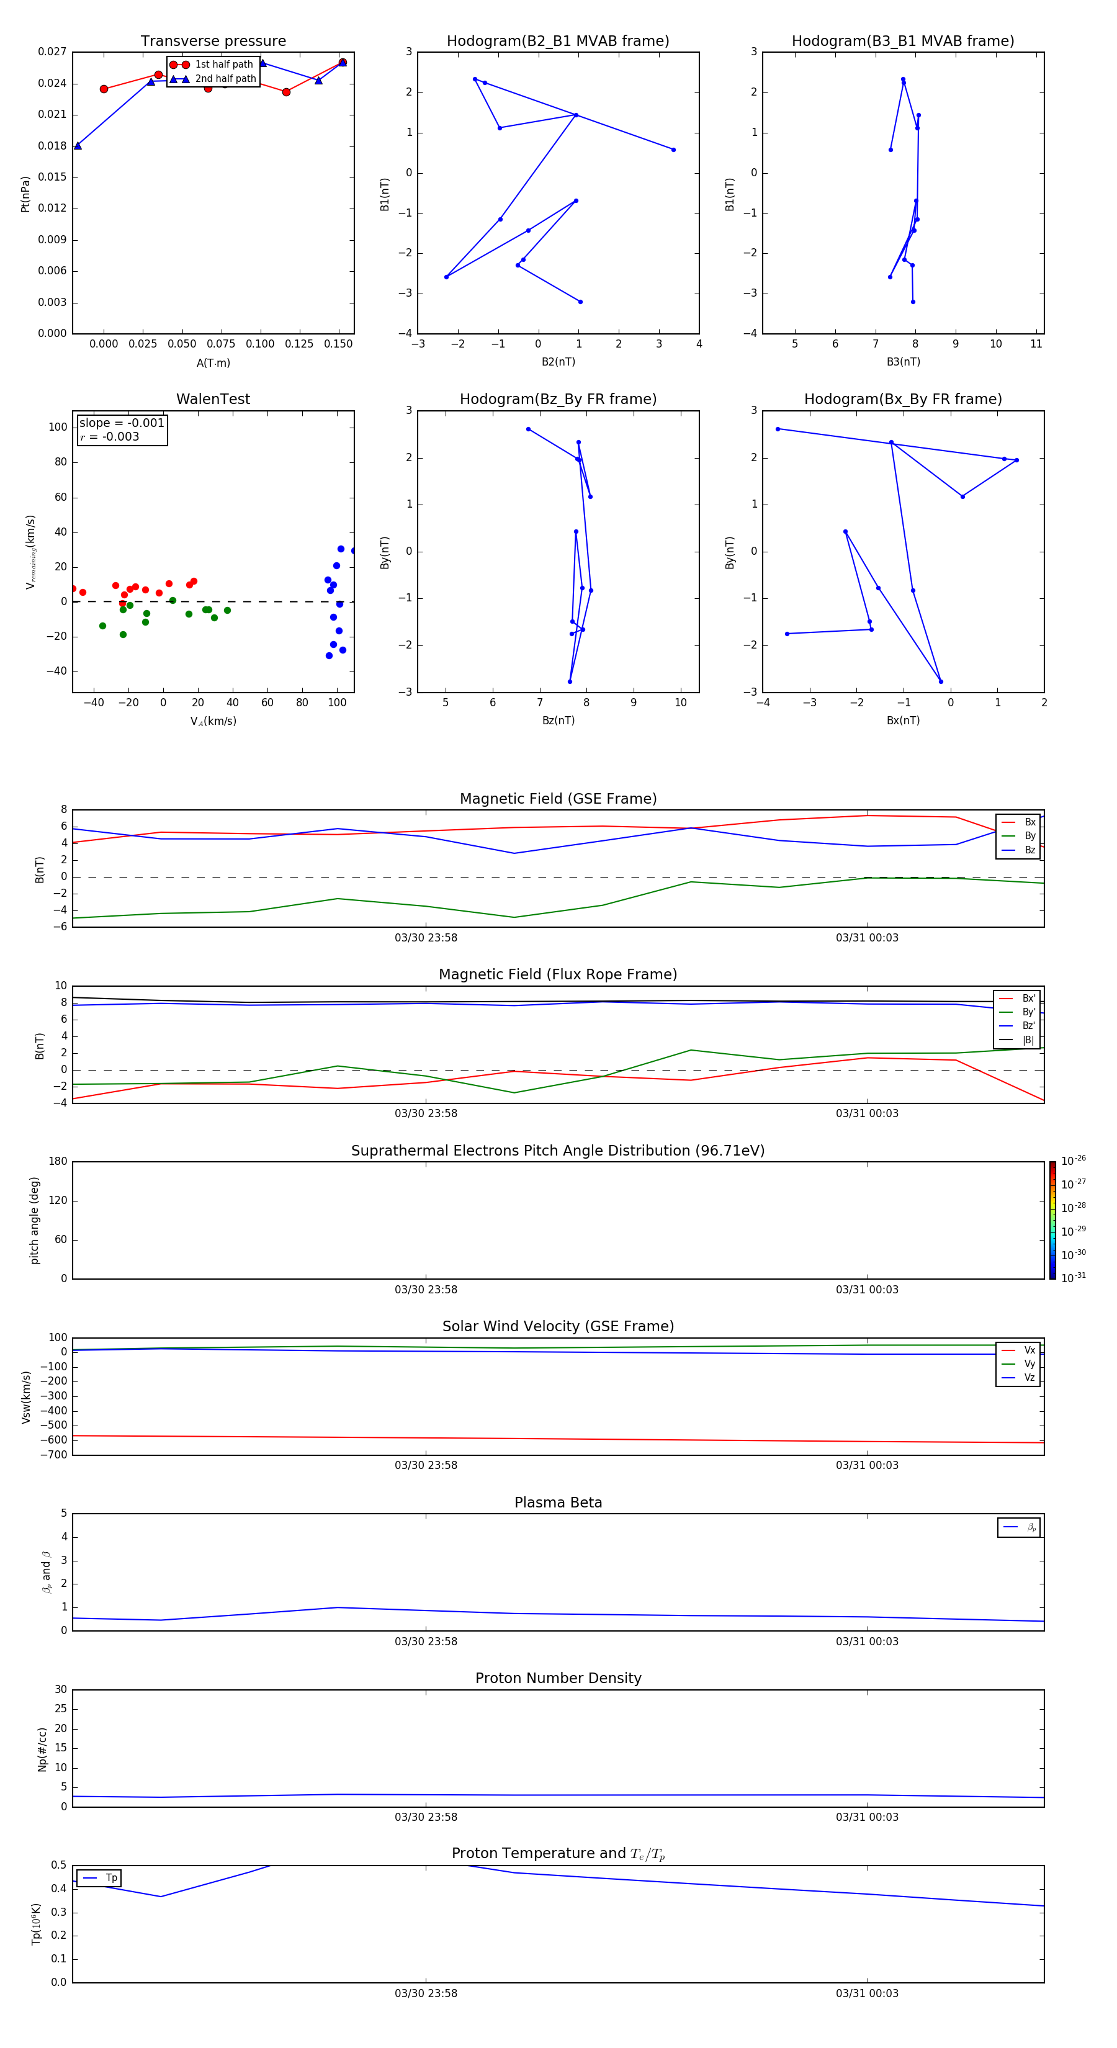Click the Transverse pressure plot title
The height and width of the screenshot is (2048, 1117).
(x=213, y=42)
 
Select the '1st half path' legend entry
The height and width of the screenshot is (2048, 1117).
(x=223, y=65)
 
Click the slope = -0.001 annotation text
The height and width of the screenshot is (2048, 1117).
(x=122, y=423)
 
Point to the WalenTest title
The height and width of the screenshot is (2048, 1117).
(x=213, y=399)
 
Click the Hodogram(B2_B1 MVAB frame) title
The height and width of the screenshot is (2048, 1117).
(x=557, y=42)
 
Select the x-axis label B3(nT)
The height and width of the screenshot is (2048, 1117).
(x=903, y=362)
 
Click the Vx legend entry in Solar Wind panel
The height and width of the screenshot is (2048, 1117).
(x=1029, y=1350)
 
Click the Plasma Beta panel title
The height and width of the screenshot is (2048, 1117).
(x=558, y=1502)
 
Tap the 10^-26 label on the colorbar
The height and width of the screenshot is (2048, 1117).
(x=1074, y=1161)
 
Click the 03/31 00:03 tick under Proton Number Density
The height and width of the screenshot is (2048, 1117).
(x=866, y=1817)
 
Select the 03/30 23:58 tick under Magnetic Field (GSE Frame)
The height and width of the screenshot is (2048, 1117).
(x=426, y=937)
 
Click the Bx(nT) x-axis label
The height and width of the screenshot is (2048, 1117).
(x=903, y=721)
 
